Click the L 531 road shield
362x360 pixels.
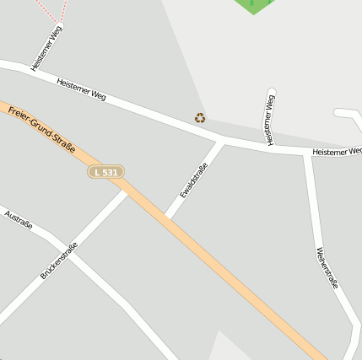click(106, 172)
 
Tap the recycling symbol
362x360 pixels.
click(200, 118)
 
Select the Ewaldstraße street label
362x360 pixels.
click(193, 180)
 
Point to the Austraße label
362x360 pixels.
click(18, 220)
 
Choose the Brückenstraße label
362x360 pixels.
click(59, 261)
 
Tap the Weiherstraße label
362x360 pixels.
click(327, 268)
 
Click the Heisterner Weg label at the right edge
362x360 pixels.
click(336, 151)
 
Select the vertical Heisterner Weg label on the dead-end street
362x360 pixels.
click(270, 120)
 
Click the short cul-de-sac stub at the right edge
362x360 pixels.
click(348, 113)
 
